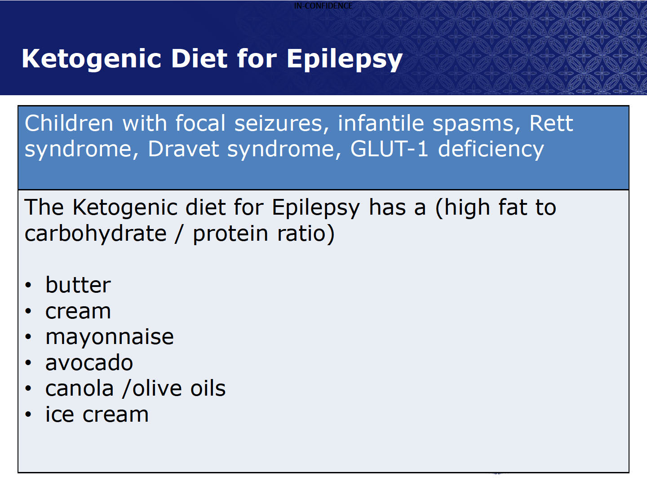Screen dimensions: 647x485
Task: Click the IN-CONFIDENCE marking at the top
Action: [x=323, y=5]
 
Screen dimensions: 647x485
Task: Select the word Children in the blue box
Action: [x=69, y=123]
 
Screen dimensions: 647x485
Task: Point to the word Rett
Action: [x=551, y=123]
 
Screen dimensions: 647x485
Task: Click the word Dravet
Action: [x=183, y=149]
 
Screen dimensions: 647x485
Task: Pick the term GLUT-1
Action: [x=389, y=149]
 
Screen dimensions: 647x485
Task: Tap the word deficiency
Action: [x=491, y=150]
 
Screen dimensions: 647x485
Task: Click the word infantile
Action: [x=381, y=123]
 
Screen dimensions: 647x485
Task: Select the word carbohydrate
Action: [x=96, y=234]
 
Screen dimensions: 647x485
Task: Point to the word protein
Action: [x=230, y=234]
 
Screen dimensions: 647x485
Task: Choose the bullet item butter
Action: [x=78, y=285]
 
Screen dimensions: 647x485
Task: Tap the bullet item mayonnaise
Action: [x=109, y=337]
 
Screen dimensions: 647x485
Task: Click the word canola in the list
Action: [x=80, y=388]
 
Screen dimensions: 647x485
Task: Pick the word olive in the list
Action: [x=157, y=388]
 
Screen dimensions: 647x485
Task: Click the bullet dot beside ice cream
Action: [x=28, y=414]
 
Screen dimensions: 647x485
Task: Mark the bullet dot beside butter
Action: [x=28, y=285]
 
